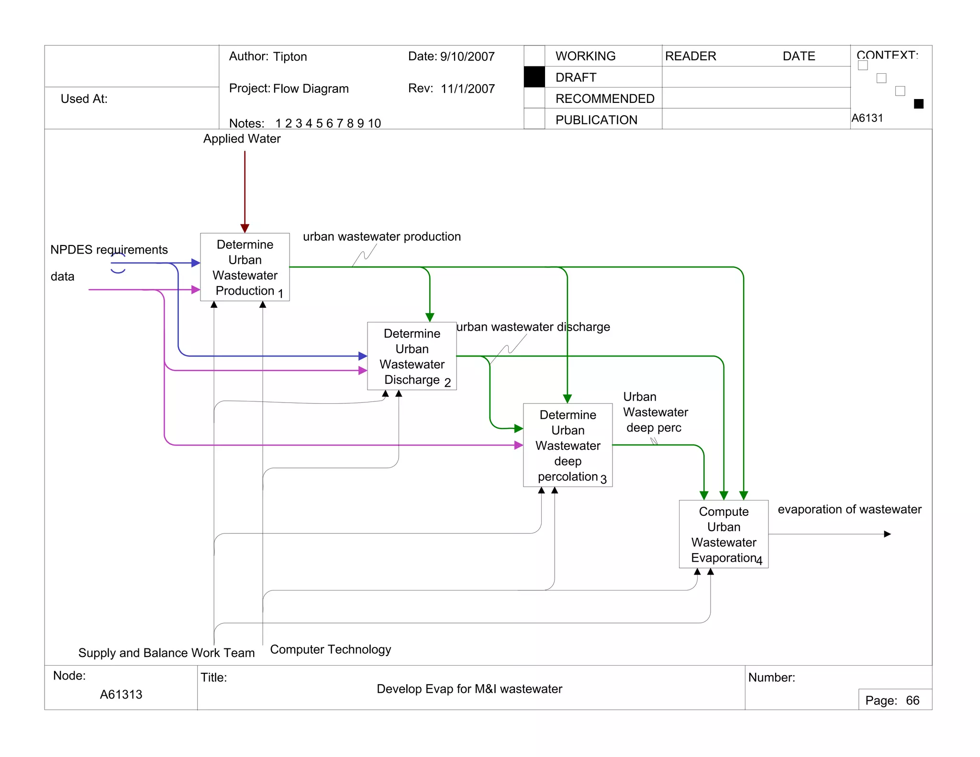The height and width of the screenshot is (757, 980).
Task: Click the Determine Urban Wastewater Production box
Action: click(x=245, y=267)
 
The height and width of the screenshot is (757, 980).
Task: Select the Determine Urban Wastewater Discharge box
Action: click(x=412, y=356)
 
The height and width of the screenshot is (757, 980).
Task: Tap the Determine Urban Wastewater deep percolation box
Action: click(x=568, y=445)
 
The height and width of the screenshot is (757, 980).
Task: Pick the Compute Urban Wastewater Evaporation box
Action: click(x=723, y=534)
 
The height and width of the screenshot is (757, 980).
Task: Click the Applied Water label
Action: click(x=242, y=139)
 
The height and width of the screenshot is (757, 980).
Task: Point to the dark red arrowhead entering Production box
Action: click(x=245, y=228)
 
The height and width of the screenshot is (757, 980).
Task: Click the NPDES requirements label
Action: click(x=109, y=250)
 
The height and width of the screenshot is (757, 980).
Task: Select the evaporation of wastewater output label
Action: click(x=849, y=509)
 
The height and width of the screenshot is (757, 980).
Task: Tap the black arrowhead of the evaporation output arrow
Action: click(x=887, y=534)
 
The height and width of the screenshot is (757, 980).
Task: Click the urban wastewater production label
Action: click(x=381, y=236)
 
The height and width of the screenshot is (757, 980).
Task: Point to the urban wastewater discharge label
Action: click(x=533, y=327)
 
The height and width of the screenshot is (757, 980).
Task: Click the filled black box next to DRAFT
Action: click(x=534, y=77)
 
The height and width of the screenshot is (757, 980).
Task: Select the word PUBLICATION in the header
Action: click(x=596, y=120)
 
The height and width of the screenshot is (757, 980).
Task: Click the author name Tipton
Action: click(x=290, y=56)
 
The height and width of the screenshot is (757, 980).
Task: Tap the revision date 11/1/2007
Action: click(x=468, y=89)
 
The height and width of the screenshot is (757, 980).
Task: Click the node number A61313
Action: click(x=121, y=694)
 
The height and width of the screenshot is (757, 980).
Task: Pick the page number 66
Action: click(x=912, y=701)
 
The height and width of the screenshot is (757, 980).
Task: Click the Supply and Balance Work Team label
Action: click(x=166, y=653)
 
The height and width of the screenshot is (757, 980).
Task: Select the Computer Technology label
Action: click(x=330, y=649)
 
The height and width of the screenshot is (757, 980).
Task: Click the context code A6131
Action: click(x=867, y=118)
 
